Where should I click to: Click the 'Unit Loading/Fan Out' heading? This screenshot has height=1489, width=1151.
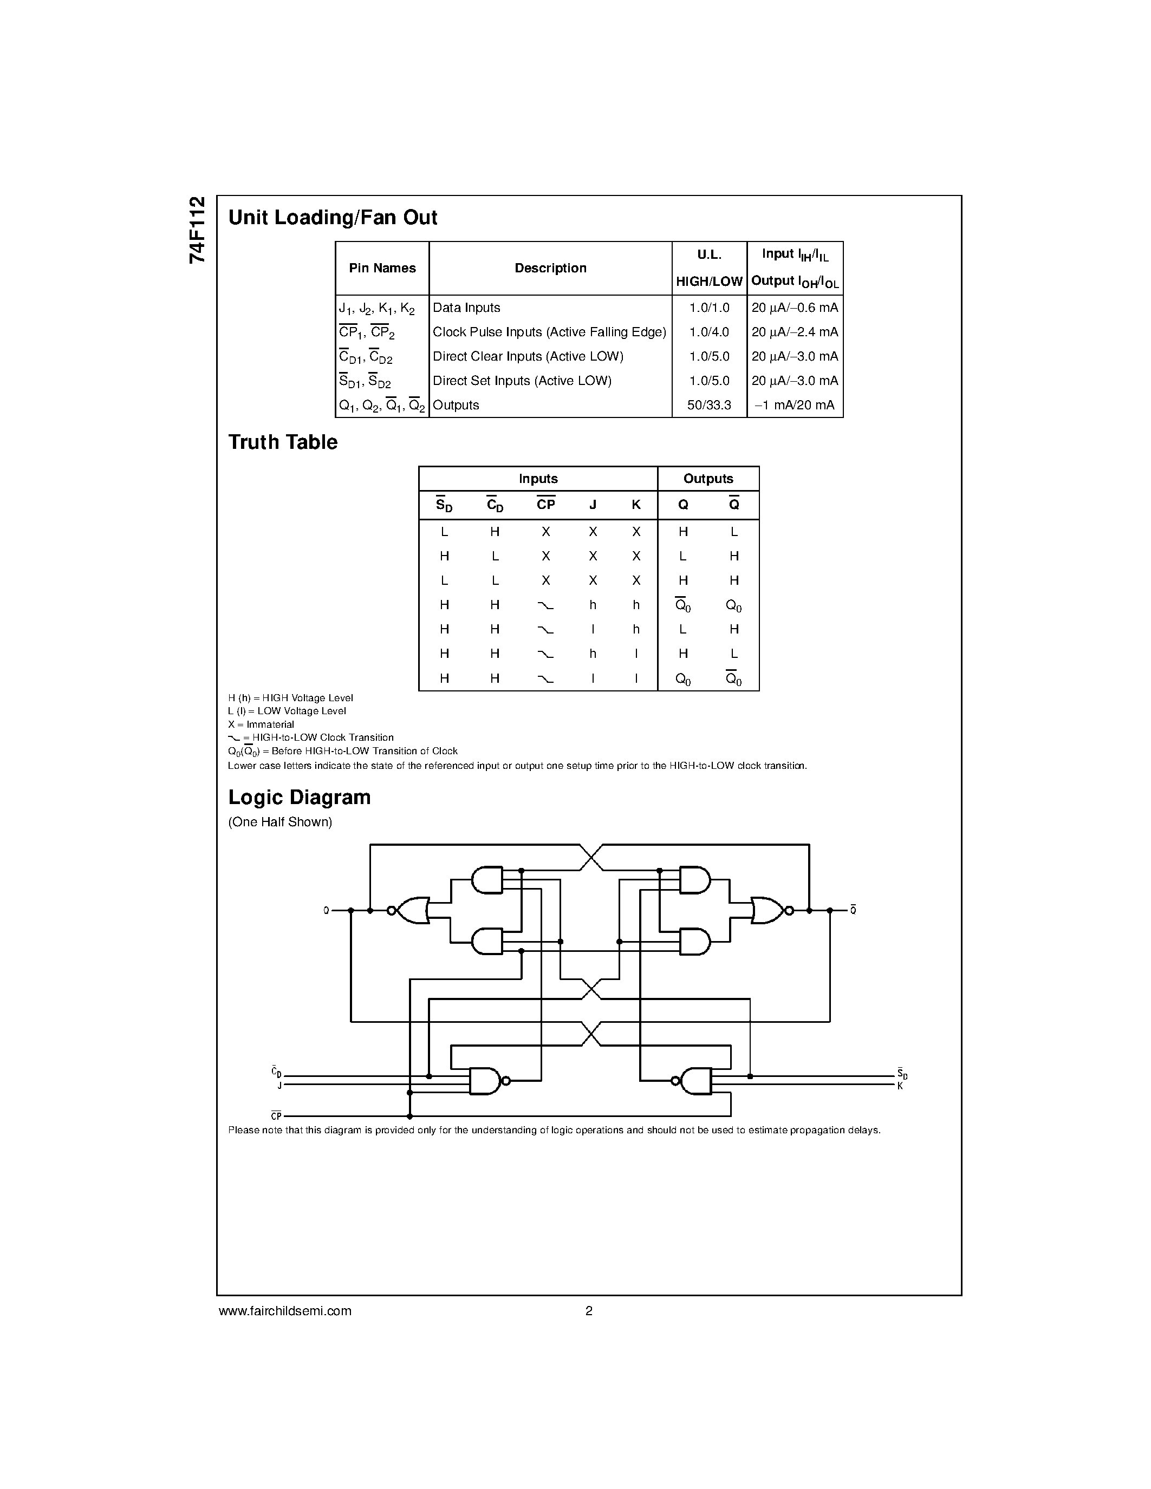(332, 218)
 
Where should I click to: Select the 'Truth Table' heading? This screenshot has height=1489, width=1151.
(282, 442)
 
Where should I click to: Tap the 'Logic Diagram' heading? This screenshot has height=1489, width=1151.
(300, 797)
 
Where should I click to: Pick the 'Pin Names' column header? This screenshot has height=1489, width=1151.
(382, 268)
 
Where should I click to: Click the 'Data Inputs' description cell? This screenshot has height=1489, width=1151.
(466, 308)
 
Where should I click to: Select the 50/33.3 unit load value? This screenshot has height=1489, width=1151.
(709, 405)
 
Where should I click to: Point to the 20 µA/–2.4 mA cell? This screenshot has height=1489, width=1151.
(795, 332)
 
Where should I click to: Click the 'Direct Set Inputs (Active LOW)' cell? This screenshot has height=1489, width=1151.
(522, 381)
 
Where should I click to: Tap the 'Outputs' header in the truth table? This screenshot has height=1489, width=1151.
(708, 479)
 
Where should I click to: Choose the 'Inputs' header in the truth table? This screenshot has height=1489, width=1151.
(538, 479)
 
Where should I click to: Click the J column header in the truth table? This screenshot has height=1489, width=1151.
(593, 505)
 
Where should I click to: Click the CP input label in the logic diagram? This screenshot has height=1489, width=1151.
(276, 1116)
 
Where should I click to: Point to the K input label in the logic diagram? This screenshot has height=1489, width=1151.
(900, 1086)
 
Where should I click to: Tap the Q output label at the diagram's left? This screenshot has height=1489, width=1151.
(326, 910)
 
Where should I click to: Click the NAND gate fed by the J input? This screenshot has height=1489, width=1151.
(485, 1081)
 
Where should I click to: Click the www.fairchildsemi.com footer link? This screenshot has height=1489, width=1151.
(285, 1311)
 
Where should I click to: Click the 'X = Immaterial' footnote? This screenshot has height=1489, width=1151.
(261, 724)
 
